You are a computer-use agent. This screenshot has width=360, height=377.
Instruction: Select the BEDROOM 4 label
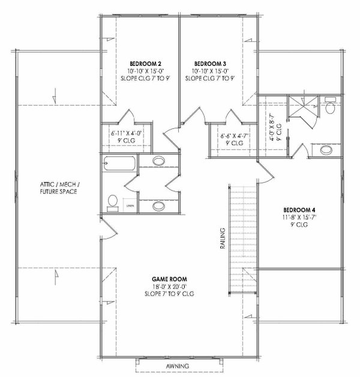click(299, 210)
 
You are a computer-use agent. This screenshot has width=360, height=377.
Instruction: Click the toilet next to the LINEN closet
click(112, 203)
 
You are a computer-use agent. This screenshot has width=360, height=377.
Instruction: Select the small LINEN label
click(130, 206)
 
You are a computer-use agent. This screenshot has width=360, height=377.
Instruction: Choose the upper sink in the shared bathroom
click(159, 161)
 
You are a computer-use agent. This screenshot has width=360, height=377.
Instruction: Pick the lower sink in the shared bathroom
click(159, 206)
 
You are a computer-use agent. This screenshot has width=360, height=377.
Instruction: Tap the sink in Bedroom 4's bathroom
click(324, 150)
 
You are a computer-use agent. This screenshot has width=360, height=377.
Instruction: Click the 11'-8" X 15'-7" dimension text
click(299, 218)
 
